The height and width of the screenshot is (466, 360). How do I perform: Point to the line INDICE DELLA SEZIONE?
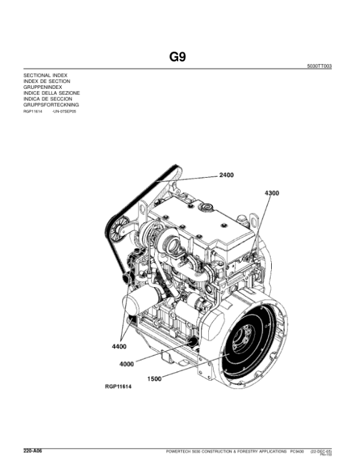click(x=51, y=93)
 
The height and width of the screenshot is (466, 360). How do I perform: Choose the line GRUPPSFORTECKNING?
click(x=51, y=104)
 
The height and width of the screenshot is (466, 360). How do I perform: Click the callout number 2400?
click(x=226, y=175)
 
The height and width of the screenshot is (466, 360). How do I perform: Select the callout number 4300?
click(x=271, y=193)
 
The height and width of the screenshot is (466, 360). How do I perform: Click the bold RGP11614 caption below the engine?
click(x=118, y=387)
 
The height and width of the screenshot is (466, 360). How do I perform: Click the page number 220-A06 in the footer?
click(x=32, y=450)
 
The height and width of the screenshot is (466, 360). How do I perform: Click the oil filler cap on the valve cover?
click(x=207, y=208)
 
